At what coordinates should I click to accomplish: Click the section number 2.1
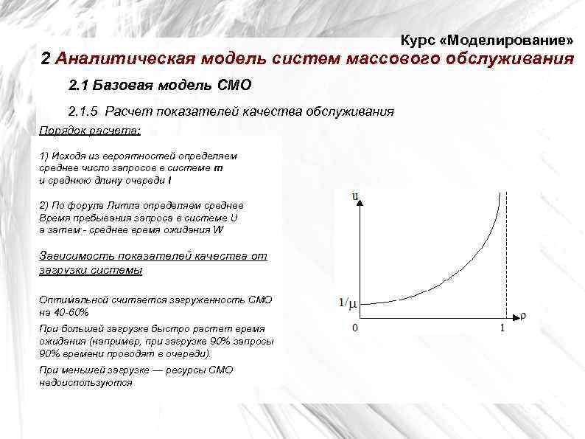(77, 86)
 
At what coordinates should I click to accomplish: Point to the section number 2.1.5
(83, 111)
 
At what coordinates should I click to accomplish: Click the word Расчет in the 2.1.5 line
(127, 111)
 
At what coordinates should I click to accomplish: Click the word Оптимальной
(73, 300)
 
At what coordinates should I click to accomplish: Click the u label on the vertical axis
(355, 196)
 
